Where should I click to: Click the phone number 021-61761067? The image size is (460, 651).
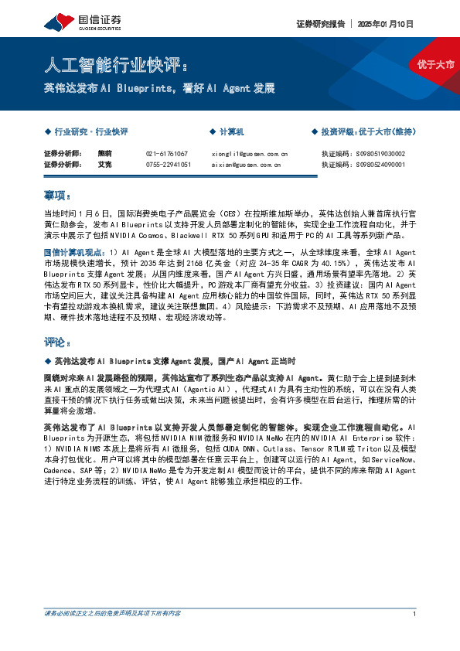(x=166, y=154)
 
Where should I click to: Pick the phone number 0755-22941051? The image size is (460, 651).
(x=168, y=165)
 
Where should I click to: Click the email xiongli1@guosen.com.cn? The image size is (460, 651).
(x=249, y=154)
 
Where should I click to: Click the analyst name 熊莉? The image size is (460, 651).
(x=104, y=154)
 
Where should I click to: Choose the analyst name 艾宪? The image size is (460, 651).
(x=104, y=165)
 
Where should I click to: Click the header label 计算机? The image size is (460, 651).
(x=231, y=132)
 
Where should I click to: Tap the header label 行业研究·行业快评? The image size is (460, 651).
(x=91, y=132)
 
